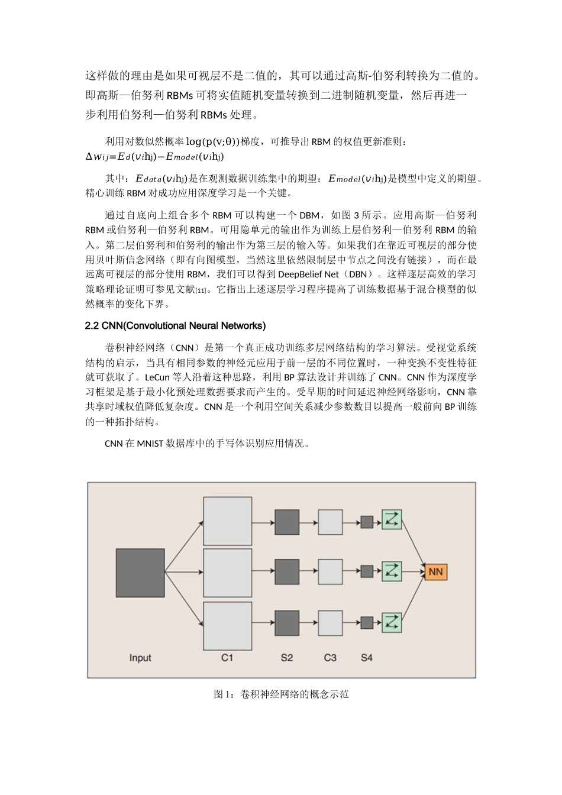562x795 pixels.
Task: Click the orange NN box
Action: pos(435,571)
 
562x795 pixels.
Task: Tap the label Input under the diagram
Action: pos(140,658)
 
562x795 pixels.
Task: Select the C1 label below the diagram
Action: pos(227,658)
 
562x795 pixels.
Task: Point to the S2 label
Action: pos(287,658)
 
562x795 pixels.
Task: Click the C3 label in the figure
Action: pos(330,658)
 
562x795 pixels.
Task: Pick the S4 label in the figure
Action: pos(367,658)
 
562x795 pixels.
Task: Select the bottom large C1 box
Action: pos(227,625)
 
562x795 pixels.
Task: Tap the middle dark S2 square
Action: pos(287,572)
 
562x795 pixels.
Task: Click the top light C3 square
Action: pos(330,522)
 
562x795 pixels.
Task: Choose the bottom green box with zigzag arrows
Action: pos(392,622)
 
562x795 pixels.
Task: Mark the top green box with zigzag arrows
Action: pos(392,521)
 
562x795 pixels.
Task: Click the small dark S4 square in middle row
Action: pos(367,571)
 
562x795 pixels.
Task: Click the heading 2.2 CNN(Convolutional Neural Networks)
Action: pos(176,326)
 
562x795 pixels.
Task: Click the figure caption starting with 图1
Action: pos(281,694)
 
